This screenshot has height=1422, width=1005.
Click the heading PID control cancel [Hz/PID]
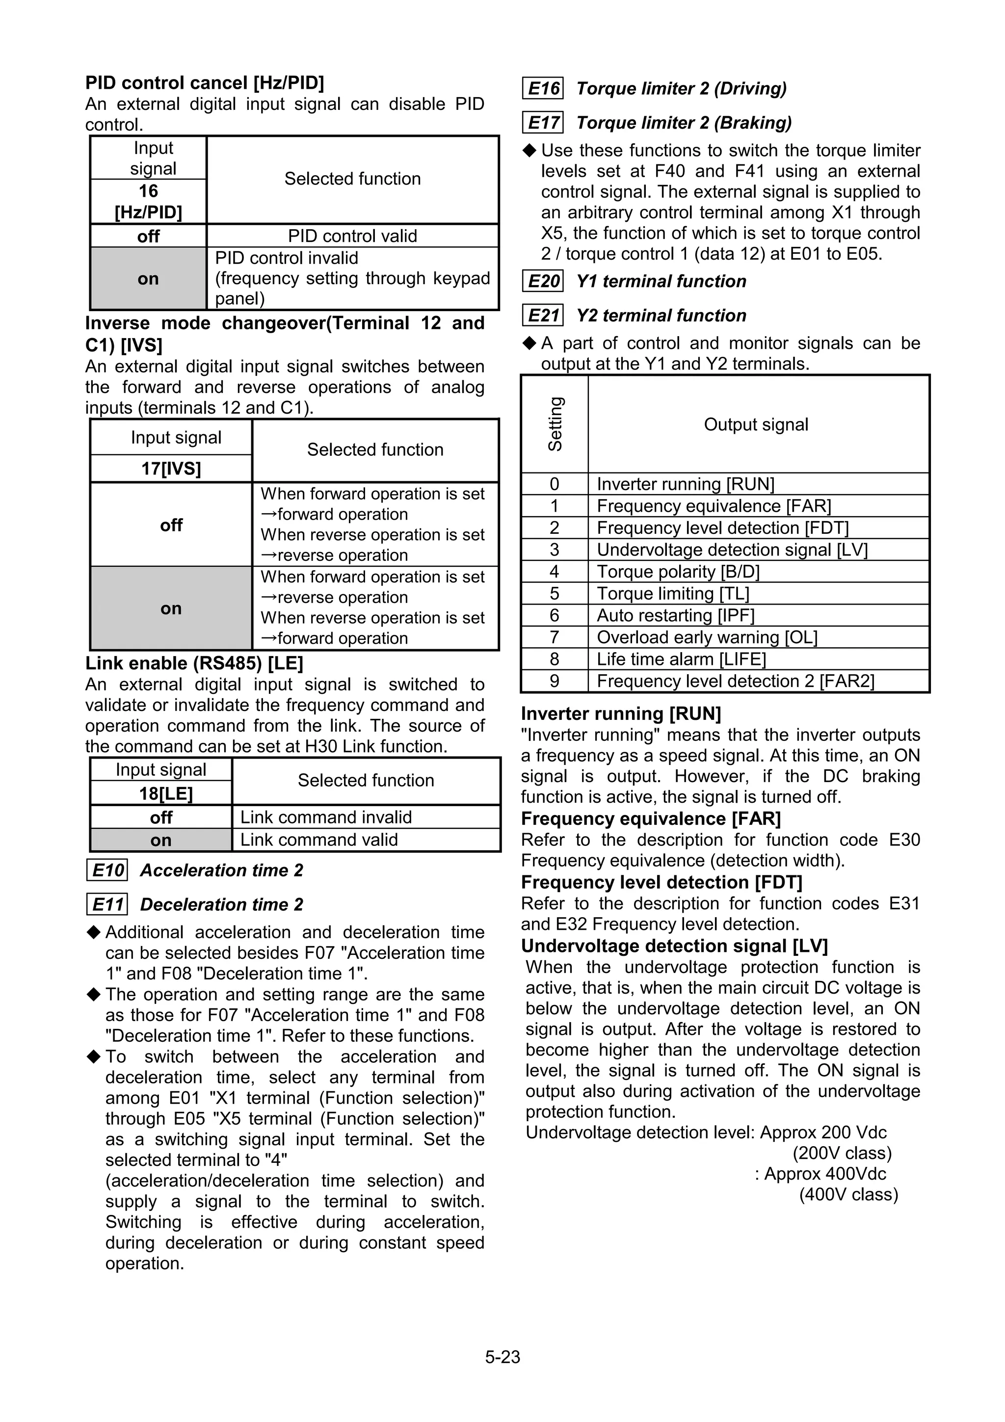click(204, 83)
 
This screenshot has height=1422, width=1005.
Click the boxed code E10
click(107, 870)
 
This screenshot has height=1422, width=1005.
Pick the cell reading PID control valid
click(352, 236)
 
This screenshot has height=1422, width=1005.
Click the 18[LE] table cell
click(161, 793)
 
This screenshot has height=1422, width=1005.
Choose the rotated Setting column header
click(555, 424)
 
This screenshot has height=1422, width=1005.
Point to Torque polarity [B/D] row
click(678, 572)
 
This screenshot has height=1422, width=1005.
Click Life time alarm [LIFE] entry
click(681, 659)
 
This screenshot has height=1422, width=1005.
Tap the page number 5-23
click(502, 1357)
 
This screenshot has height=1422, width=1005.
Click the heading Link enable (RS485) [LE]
click(194, 663)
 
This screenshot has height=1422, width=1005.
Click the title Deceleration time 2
click(222, 904)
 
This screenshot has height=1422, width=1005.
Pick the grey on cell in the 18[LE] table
click(161, 841)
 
